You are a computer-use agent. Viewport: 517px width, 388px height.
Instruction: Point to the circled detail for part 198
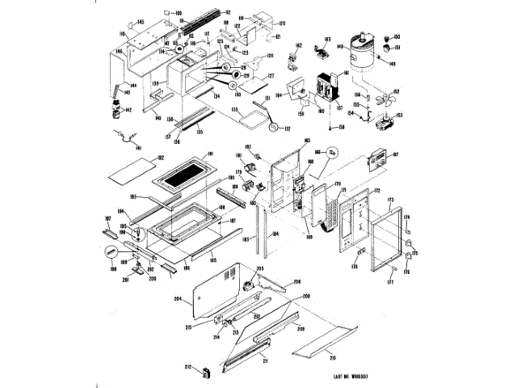[139, 238]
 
